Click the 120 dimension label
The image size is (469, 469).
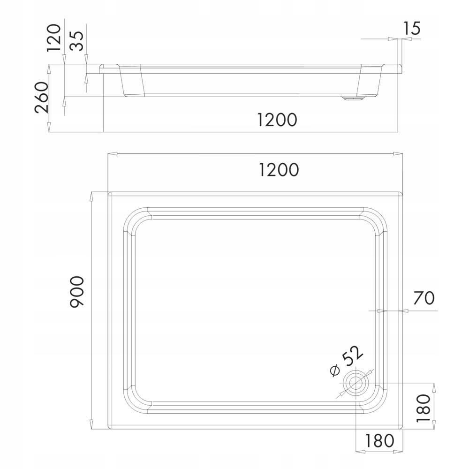tap(55, 38)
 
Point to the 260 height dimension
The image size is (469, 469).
tap(41, 98)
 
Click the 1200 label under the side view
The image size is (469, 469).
tap(277, 120)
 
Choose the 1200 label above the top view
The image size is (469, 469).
tap(278, 170)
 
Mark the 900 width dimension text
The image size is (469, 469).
tap(76, 292)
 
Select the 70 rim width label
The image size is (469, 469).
tap(424, 298)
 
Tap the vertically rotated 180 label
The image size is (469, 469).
tap(423, 408)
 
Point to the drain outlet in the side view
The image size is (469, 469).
tap(355, 98)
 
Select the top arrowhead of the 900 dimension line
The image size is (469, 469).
tap(92, 195)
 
